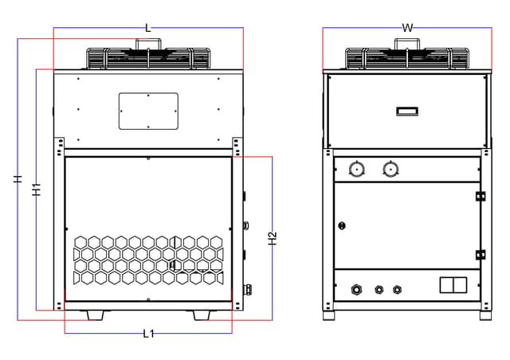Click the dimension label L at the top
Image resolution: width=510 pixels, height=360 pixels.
148,28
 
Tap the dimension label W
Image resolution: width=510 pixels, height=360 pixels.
407,28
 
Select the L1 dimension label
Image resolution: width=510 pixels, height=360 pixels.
149,334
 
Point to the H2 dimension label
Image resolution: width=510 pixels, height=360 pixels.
273,238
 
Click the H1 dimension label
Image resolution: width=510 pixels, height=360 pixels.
37,190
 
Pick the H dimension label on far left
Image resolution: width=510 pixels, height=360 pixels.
18,179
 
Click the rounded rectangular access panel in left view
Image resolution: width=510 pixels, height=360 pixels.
148,112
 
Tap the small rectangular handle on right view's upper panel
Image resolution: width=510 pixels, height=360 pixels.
407,112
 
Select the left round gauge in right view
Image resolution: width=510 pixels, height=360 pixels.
356,170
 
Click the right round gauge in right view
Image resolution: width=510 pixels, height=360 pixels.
390,170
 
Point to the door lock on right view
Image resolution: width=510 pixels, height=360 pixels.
342,225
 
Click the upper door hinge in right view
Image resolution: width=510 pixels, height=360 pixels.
481,197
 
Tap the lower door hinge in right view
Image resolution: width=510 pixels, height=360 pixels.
481,255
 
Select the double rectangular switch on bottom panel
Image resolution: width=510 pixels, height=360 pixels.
453,285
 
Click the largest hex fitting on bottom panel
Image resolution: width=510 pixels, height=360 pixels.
356,289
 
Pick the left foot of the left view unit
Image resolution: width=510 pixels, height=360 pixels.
96,315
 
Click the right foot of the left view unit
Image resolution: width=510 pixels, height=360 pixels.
202,315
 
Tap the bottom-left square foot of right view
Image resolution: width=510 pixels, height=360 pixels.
329,315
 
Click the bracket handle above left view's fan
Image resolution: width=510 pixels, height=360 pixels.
148,44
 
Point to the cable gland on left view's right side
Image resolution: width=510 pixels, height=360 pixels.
247,288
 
